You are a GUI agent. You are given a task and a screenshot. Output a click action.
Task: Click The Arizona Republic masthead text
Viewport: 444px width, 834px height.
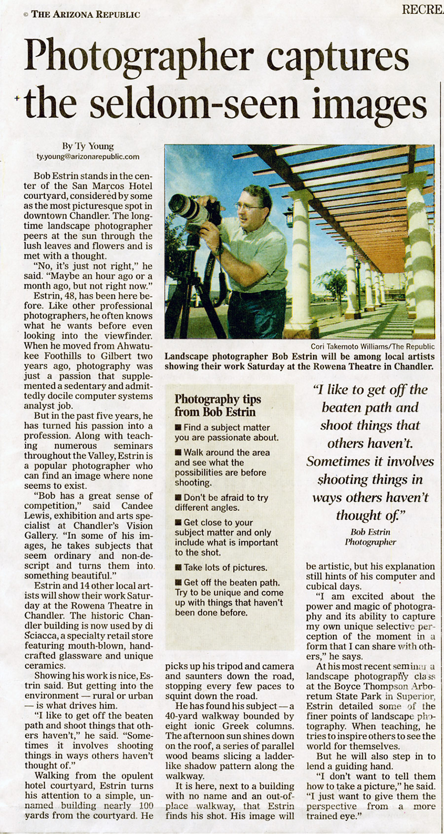[x=85, y=14]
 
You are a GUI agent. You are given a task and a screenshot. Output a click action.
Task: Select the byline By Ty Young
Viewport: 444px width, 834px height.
[x=88, y=146]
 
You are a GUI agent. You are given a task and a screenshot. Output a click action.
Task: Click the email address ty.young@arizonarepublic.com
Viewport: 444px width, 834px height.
[x=88, y=157]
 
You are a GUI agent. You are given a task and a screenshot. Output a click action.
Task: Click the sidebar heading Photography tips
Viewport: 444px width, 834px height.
[x=218, y=399]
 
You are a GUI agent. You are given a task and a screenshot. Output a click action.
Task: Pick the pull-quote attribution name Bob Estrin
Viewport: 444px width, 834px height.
[x=370, y=532]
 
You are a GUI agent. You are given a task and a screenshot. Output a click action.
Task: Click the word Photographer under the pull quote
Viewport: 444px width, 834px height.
[x=370, y=542]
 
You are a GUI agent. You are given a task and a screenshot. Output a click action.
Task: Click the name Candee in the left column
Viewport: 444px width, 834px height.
[x=138, y=506]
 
